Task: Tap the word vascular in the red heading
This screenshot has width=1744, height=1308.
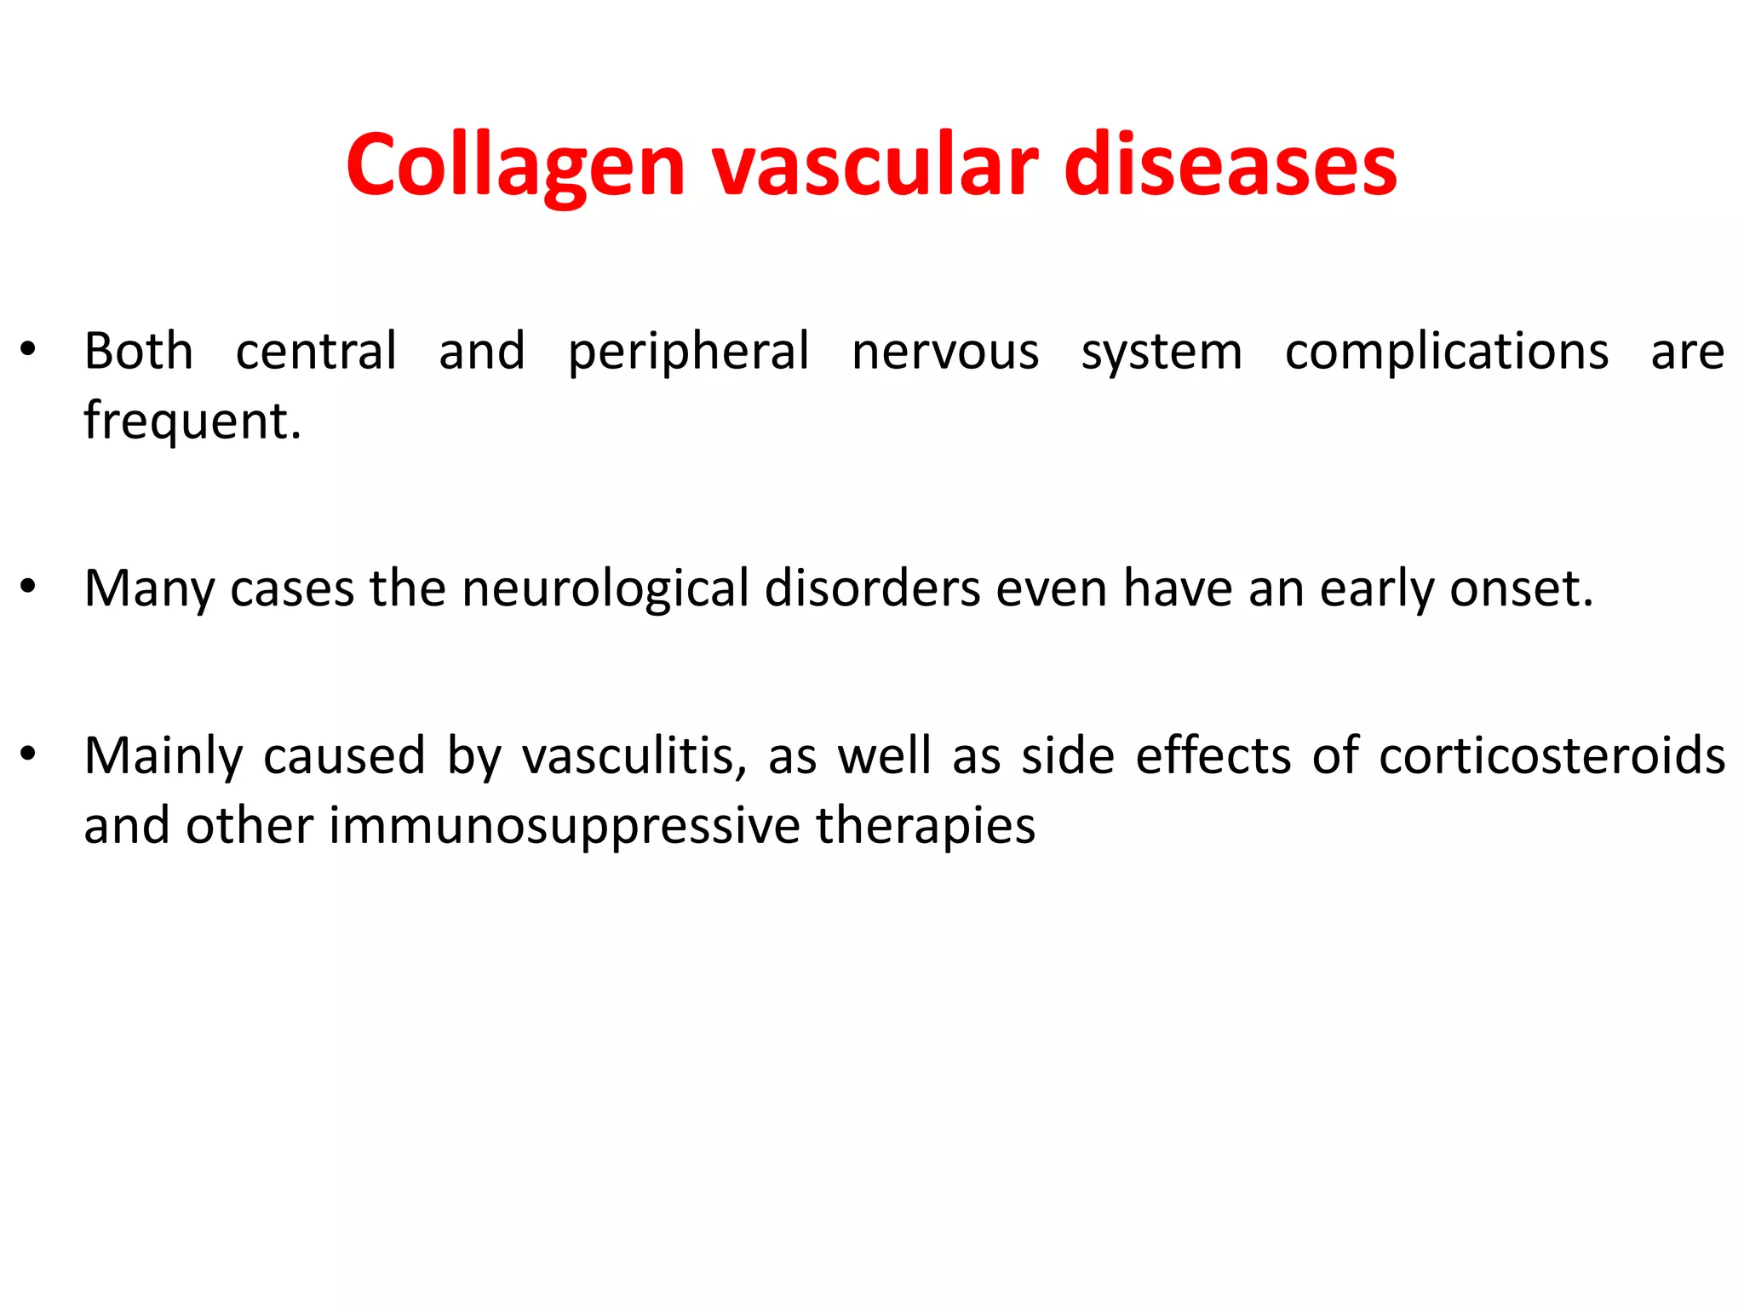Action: click(x=875, y=166)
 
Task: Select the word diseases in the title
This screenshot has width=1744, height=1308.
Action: click(x=1230, y=166)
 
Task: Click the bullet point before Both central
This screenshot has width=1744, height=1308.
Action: click(x=28, y=350)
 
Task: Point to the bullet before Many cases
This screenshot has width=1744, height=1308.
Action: click(x=28, y=587)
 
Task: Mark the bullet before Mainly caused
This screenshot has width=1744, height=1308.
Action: click(x=28, y=754)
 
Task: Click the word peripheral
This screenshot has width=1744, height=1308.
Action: click(x=688, y=352)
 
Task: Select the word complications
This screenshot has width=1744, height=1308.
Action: click(x=1446, y=352)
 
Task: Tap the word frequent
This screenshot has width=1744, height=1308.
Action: click(x=192, y=421)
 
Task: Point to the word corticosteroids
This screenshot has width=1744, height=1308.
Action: click(x=1552, y=756)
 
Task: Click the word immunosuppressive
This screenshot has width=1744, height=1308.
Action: click(x=564, y=826)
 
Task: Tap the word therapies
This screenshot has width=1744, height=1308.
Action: click(x=925, y=826)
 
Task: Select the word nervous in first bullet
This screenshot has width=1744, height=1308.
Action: click(x=945, y=352)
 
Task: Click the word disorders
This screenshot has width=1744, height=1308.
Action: click(x=872, y=588)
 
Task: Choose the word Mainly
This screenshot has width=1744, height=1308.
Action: click(x=163, y=756)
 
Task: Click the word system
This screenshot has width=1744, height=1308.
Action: click(x=1162, y=352)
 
